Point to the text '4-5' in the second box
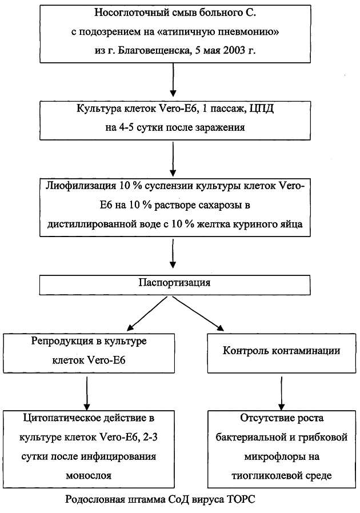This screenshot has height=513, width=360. point(125,127)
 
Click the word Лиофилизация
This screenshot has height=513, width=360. point(81,186)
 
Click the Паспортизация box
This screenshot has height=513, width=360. point(175,285)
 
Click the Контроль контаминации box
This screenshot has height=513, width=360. point(282,353)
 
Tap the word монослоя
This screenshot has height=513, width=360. point(89,475)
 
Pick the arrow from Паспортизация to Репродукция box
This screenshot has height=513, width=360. point(147,313)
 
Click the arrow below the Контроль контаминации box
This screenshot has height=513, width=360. point(282,393)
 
